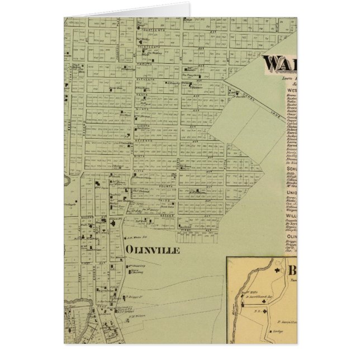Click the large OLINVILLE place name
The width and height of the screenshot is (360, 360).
153,250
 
